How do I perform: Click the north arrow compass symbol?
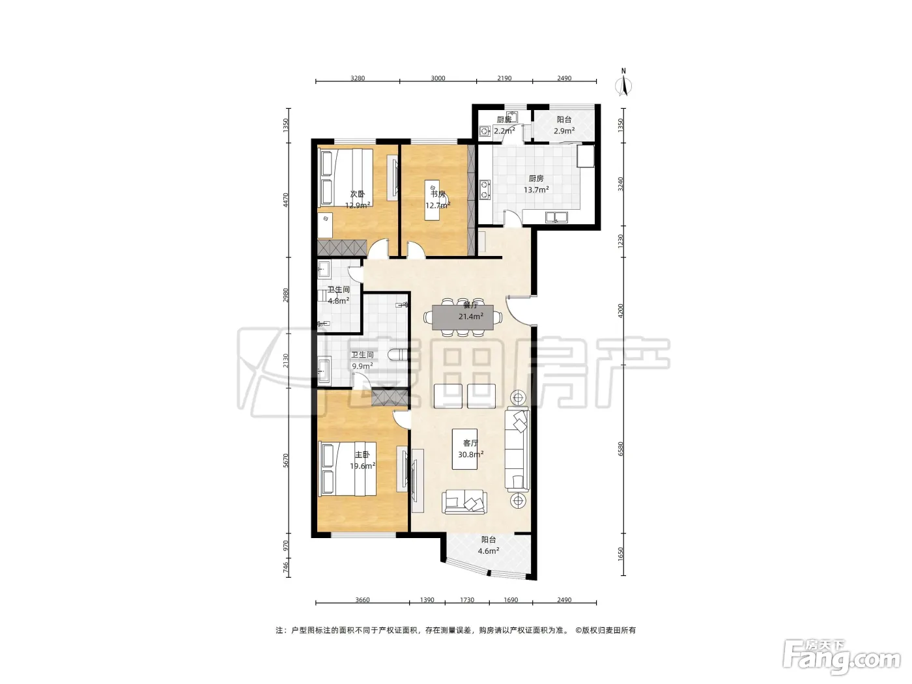click(x=623, y=84)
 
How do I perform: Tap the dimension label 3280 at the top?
click(x=358, y=78)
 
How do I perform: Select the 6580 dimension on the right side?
click(x=621, y=449)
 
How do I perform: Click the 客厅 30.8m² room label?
click(x=470, y=449)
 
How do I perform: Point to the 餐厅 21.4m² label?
click(x=470, y=311)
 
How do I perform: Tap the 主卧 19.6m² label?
click(x=362, y=461)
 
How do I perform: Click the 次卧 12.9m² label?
click(x=358, y=199)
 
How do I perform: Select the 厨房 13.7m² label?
click(x=536, y=184)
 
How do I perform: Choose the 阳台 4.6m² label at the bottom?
click(x=488, y=545)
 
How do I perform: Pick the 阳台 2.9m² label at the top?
click(x=564, y=125)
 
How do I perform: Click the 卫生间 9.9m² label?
click(x=362, y=360)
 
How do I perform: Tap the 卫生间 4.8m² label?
click(x=338, y=295)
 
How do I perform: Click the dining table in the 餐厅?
click(x=463, y=318)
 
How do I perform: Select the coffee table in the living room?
click(x=464, y=449)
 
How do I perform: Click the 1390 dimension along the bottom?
click(x=427, y=600)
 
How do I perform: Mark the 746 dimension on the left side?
click(x=285, y=567)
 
